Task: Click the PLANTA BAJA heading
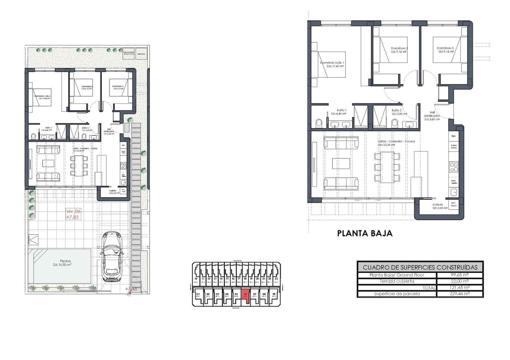click(x=365, y=234)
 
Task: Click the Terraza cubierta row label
click(x=397, y=281)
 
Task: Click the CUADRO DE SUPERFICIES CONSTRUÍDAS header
click(x=420, y=267)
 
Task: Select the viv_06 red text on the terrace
click(x=73, y=211)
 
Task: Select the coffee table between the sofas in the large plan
click(x=341, y=163)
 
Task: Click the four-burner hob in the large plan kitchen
click(x=454, y=167)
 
